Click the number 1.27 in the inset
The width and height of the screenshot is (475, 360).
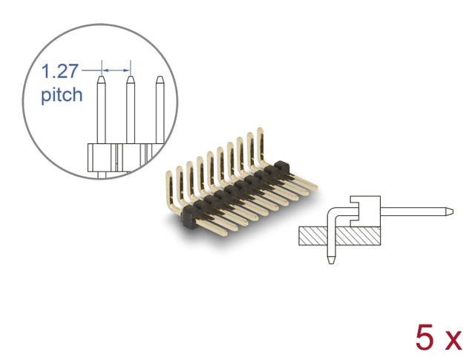tap(59, 71)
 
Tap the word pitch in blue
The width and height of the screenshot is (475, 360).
tap(62, 95)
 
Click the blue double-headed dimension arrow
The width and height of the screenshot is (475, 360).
tap(116, 71)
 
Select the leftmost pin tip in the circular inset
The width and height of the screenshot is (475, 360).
tap(102, 78)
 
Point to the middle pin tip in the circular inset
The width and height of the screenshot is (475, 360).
tap(131, 78)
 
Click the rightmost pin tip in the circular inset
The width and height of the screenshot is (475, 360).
tap(160, 78)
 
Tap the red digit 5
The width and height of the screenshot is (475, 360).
tap(425, 337)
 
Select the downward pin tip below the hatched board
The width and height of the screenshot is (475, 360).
tap(332, 261)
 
